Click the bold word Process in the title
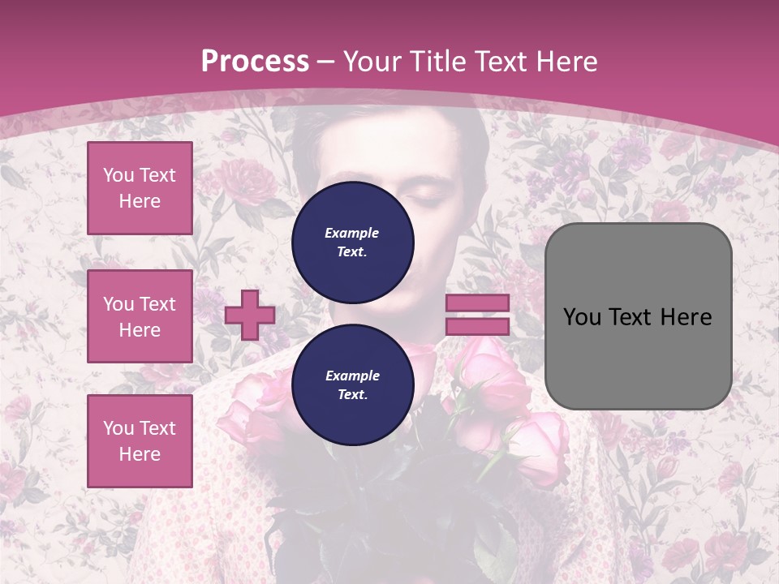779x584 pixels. click(255, 62)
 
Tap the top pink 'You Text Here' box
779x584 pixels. click(140, 188)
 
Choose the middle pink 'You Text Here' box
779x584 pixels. click(140, 316)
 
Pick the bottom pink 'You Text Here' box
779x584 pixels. click(140, 441)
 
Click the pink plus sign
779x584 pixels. click(250, 315)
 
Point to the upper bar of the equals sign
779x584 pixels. click(477, 303)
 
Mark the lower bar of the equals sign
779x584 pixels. click(477, 326)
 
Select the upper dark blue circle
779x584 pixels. click(352, 242)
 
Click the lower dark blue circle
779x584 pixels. click(352, 384)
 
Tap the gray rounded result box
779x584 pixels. click(638, 316)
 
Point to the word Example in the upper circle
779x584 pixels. click(352, 233)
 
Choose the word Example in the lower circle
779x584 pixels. click(352, 376)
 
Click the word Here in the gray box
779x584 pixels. click(687, 317)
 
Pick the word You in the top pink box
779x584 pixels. click(118, 175)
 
